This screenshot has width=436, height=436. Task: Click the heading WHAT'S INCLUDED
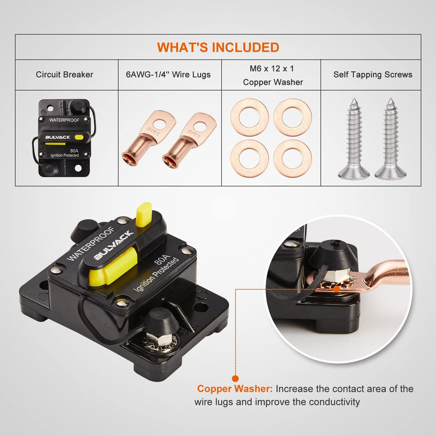pos(218,47)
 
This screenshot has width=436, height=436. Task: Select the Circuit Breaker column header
pos(64,75)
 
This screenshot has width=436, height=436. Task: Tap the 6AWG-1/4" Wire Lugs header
pos(168,75)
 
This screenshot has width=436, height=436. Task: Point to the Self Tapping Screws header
pos(373,75)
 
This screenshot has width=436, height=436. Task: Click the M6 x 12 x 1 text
pos(271,69)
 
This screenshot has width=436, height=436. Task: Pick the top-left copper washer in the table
pos(250,117)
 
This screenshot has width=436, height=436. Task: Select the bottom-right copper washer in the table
pos(293,159)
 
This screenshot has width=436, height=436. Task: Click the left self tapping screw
pos(354,139)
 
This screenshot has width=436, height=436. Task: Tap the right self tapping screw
pos(390,139)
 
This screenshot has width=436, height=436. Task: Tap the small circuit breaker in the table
pos(64,138)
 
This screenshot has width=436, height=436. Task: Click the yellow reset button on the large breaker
pos(144,214)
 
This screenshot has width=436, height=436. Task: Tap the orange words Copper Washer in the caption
pos(235,389)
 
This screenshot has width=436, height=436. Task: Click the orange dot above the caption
pos(235,378)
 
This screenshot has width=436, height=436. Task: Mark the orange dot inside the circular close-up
pos(336,289)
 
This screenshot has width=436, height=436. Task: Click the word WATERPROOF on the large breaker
pos(91,244)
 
